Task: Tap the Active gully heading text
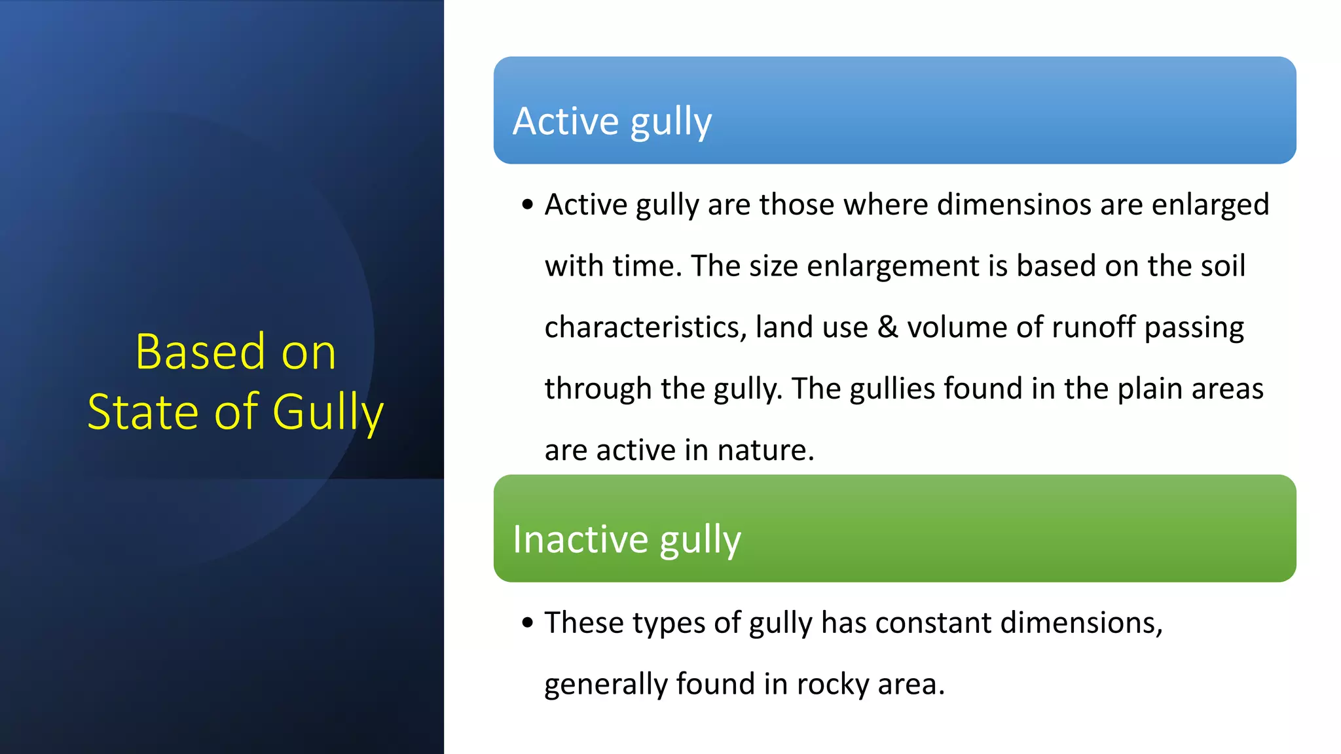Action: tap(612, 122)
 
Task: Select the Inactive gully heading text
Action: tap(626, 540)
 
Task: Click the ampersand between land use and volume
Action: tap(887, 327)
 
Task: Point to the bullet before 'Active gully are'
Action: tap(528, 206)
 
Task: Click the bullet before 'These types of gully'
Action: tap(528, 623)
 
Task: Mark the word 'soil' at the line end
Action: tap(1221, 266)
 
